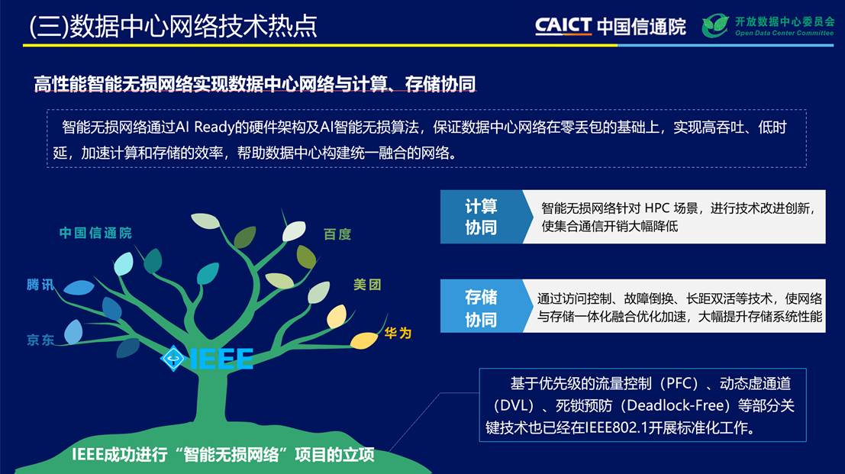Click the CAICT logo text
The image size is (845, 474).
tap(563, 26)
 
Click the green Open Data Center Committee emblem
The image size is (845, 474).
tap(716, 25)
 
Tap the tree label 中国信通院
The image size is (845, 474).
tap(95, 233)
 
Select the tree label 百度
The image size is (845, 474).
tap(337, 234)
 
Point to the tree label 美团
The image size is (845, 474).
tap(367, 285)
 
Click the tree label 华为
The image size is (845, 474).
tap(398, 334)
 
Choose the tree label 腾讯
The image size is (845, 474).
tap(40, 285)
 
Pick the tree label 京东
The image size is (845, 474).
tap(40, 340)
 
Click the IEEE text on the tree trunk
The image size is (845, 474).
tap(221, 359)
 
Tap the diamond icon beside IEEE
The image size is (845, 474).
tap(173, 358)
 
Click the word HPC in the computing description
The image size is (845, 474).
tap(657, 208)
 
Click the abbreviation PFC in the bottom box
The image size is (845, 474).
tap(682, 383)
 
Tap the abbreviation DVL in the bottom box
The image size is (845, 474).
tap(514, 405)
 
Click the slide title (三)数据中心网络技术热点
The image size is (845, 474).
tap(173, 27)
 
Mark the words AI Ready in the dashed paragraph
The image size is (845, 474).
tap(205, 127)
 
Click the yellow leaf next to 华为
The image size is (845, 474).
tap(364, 340)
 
